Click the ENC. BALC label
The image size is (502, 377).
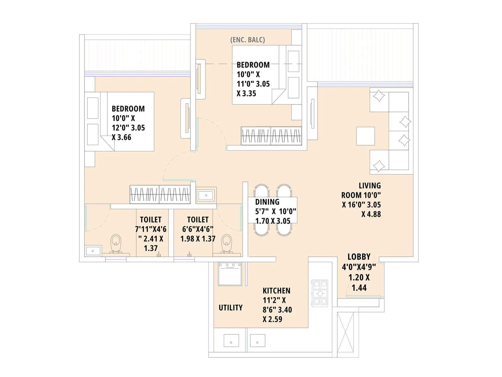click(248, 40)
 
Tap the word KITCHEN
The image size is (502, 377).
click(276, 291)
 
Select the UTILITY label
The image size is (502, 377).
click(231, 308)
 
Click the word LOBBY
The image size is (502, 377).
click(359, 257)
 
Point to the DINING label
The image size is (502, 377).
click(267, 202)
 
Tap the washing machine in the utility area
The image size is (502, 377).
click(230, 274)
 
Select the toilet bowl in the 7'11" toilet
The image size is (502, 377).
click(116, 243)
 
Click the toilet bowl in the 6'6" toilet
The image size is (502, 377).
click(226, 243)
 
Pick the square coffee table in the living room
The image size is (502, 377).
click(366, 136)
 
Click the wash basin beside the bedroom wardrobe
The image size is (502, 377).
click(206, 195)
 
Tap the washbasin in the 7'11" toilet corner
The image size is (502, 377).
click(93, 251)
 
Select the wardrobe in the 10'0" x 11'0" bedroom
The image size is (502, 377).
click(271, 136)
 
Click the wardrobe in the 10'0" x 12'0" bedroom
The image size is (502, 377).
click(160, 194)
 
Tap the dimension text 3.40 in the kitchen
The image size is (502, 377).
click(285, 310)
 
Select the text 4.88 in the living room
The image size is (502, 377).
click(371, 214)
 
